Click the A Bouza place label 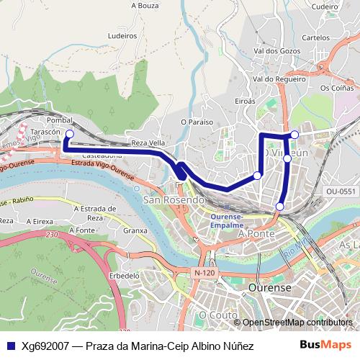145,5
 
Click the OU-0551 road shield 341,192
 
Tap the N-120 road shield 206,272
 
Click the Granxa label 135,231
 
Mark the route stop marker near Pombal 70,134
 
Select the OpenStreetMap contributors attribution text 297,323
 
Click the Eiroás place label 245,102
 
